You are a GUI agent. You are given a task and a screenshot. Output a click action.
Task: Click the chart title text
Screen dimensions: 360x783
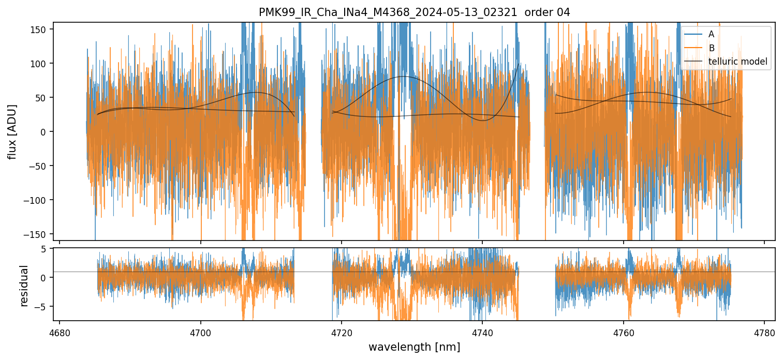click(x=414, y=12)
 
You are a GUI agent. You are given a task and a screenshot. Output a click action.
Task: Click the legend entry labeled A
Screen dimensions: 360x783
click(x=712, y=34)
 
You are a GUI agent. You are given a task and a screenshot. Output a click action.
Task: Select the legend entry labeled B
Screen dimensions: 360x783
click(x=712, y=48)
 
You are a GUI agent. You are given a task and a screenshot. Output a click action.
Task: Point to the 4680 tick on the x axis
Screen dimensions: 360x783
click(x=60, y=331)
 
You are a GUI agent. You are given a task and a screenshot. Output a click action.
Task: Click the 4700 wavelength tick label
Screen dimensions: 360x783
click(x=201, y=331)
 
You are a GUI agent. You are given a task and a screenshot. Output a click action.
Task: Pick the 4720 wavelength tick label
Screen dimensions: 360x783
click(x=342, y=331)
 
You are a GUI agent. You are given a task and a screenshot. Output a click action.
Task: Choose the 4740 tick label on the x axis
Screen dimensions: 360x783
click(x=482, y=331)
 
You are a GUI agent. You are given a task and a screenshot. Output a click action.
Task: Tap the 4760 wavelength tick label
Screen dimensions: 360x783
click(x=624, y=331)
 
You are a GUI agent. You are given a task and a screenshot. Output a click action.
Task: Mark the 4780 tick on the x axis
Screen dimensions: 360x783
click(x=764, y=331)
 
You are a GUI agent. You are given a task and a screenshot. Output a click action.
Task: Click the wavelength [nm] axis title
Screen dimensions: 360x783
click(x=414, y=347)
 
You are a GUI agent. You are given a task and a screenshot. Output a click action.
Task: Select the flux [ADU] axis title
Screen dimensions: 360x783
click(x=12, y=131)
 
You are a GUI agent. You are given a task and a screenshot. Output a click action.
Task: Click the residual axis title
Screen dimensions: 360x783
click(x=24, y=286)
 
